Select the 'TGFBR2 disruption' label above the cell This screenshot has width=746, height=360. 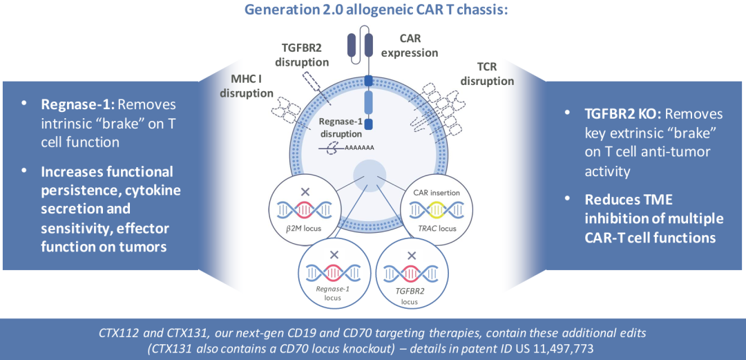(x=302, y=55)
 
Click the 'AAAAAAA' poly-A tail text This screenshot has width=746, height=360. (x=358, y=148)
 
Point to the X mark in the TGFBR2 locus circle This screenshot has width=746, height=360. (x=412, y=255)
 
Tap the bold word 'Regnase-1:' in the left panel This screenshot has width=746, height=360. (x=76, y=104)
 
